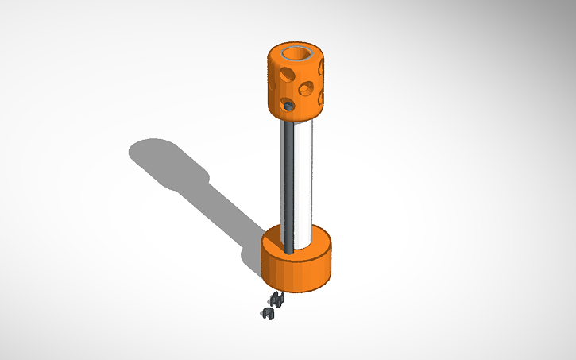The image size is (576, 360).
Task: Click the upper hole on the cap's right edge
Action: (x=321, y=68)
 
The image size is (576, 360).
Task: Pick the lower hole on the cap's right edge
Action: (x=321, y=98)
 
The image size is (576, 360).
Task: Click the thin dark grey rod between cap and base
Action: (x=288, y=183)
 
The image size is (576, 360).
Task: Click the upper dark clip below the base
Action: (x=277, y=300)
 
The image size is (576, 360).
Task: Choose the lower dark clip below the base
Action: (x=268, y=313)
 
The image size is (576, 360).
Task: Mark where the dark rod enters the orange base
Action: (x=288, y=251)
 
